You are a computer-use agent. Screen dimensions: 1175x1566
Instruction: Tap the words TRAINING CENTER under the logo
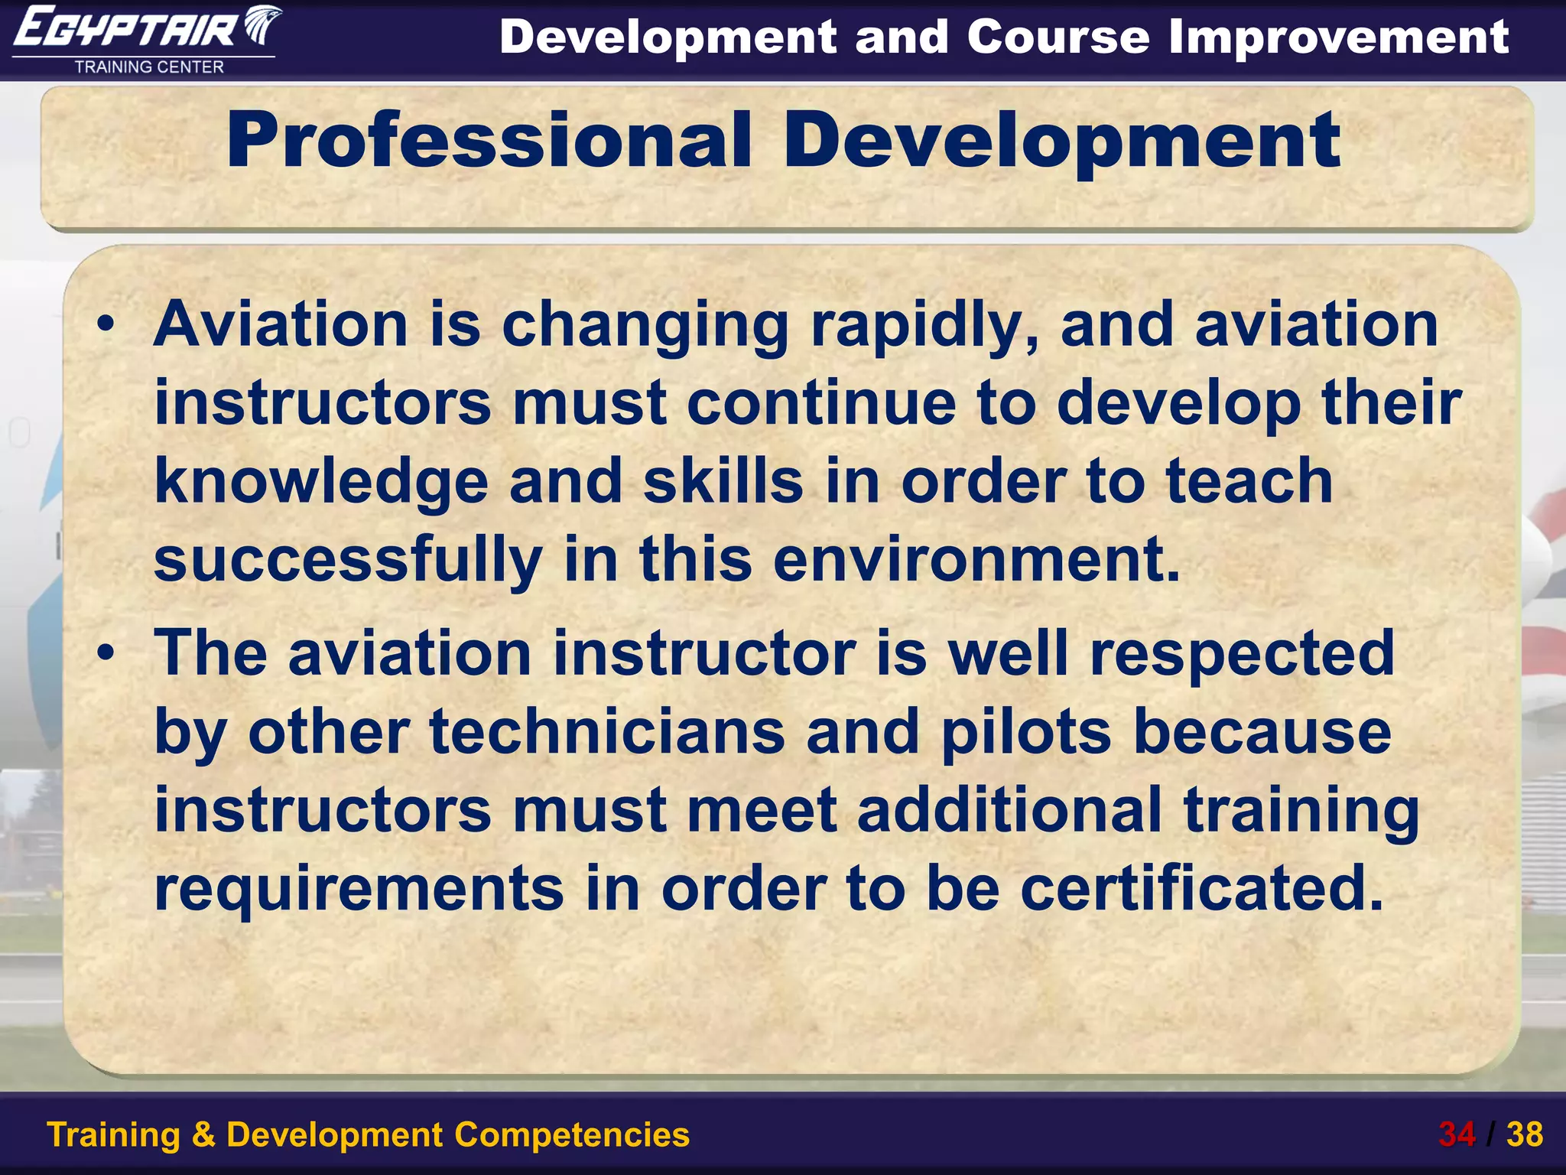(149, 67)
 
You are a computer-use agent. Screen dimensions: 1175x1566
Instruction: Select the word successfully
(348, 560)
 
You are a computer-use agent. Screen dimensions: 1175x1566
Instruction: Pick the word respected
(1243, 653)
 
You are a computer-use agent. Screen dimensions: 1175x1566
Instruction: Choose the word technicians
(608, 732)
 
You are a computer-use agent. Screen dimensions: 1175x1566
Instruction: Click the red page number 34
(1457, 1134)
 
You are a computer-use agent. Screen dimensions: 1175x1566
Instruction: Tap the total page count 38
(1525, 1134)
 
